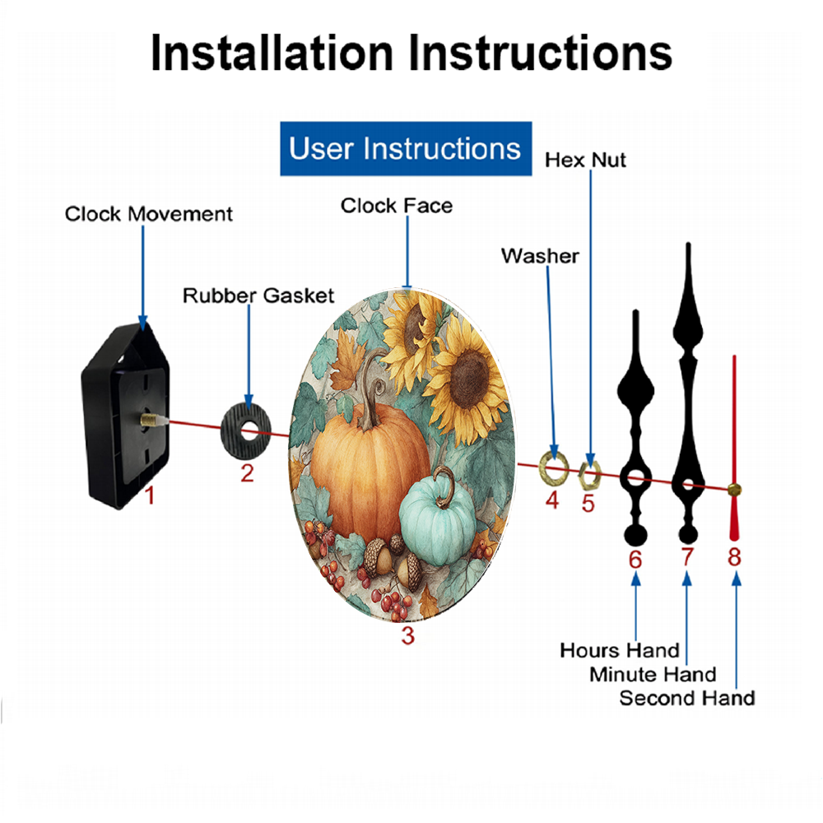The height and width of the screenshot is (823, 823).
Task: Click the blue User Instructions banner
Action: [x=406, y=148]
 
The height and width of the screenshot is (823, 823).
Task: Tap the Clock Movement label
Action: [x=148, y=214]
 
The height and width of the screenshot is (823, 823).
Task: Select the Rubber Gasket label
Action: [x=258, y=295]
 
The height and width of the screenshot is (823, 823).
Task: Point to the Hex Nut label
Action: [x=585, y=160]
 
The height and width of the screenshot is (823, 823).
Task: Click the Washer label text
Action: [x=540, y=256]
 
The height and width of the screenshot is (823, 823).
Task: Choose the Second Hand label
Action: [x=687, y=698]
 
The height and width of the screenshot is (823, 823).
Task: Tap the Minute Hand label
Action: [x=653, y=675]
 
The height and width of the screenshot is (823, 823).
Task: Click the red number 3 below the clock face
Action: [x=408, y=635]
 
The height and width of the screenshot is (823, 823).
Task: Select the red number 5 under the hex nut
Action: [x=588, y=504]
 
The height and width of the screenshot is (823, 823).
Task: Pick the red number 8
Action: [x=734, y=557]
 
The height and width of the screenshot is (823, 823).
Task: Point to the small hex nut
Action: [x=589, y=476]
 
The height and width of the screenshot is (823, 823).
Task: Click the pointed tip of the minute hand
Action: [x=688, y=244]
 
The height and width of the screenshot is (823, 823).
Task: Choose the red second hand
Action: [x=734, y=449]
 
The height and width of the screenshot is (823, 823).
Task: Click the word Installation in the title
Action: [x=272, y=53]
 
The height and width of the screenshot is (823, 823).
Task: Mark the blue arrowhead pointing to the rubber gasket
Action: [x=249, y=401]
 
